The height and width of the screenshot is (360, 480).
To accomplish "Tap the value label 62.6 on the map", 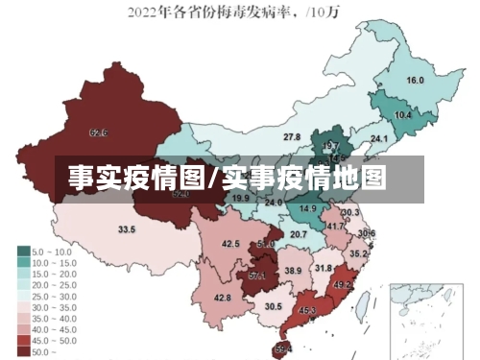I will coord(98,132).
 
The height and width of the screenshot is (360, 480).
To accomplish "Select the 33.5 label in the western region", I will coord(126,229).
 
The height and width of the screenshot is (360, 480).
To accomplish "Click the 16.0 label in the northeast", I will coord(415,81).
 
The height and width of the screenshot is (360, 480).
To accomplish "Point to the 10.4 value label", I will coord(403,115).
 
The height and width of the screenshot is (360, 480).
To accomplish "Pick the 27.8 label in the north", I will coord(291,138).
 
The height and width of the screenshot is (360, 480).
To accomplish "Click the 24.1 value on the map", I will coord(379,139).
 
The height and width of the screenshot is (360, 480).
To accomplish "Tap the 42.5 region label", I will coord(230,245).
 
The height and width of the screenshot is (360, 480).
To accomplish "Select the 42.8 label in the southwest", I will coord(222,299).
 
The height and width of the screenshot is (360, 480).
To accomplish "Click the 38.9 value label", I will coord(293,273).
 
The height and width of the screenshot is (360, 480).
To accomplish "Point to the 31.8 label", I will coord(324,269).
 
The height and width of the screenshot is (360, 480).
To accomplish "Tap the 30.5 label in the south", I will coord(274,307).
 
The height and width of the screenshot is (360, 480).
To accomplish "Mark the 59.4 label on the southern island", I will coord(283,348).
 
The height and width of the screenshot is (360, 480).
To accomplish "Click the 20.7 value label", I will coord(299,234).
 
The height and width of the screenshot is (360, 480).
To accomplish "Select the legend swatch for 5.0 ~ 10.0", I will coord(22,252).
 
